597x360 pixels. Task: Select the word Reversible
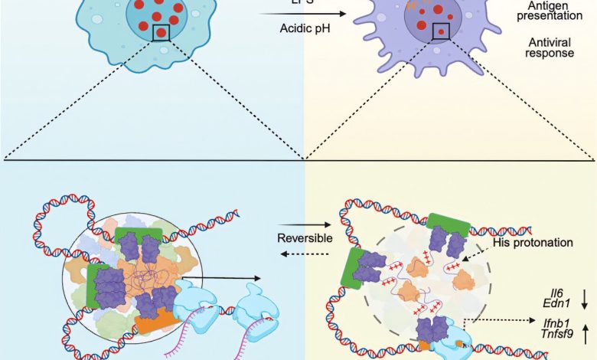[305, 237]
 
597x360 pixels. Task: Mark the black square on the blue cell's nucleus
[161, 33]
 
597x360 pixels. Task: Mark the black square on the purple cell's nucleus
[441, 31]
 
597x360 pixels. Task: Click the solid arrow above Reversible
[305, 223]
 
